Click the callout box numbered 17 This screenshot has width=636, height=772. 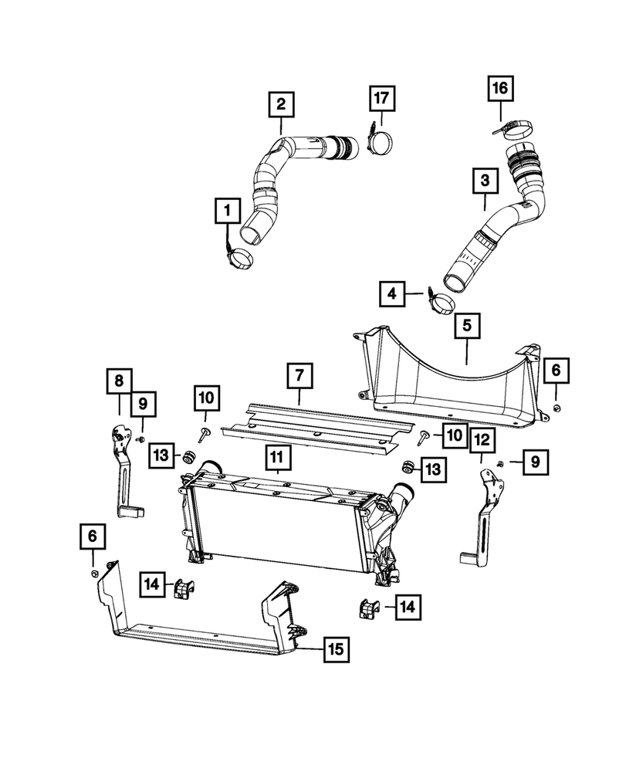[x=382, y=99]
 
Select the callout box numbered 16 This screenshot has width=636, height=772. [x=499, y=89]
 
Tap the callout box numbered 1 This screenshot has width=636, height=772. [x=227, y=208]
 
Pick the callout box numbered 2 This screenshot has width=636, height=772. [x=281, y=103]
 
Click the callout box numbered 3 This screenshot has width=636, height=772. [x=485, y=182]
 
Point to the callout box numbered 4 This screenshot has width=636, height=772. [x=393, y=293]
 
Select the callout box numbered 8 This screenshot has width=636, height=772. [x=119, y=381]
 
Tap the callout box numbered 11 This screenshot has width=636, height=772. [x=276, y=459]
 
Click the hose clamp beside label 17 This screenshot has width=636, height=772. [x=381, y=143]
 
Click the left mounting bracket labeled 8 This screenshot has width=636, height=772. [x=123, y=475]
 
